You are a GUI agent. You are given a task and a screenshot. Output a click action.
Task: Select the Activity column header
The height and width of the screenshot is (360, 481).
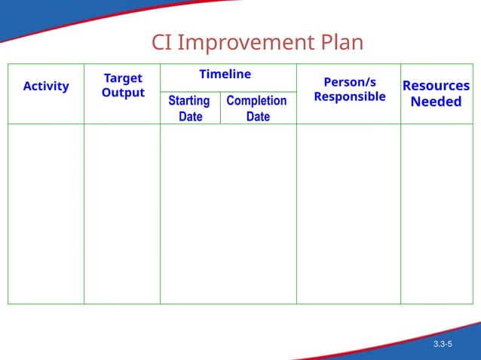pyautogui.click(x=46, y=86)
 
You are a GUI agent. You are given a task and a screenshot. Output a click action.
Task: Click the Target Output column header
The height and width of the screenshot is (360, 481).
pyautogui.click(x=123, y=86)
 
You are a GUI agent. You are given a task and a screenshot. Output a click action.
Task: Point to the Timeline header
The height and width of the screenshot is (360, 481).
pyautogui.click(x=225, y=74)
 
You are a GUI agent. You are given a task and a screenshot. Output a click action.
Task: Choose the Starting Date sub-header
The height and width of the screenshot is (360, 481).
pyautogui.click(x=189, y=108)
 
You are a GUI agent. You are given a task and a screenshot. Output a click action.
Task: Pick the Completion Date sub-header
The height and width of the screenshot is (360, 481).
pyautogui.click(x=257, y=108)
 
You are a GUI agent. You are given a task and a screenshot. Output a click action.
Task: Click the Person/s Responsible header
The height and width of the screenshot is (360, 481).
pyautogui.click(x=349, y=90)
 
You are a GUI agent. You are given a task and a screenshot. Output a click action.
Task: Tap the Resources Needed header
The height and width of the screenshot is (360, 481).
pyautogui.click(x=436, y=93)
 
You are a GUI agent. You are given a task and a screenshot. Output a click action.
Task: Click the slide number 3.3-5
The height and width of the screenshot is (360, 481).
pyautogui.click(x=443, y=344)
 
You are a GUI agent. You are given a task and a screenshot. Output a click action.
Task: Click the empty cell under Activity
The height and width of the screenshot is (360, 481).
pyautogui.click(x=46, y=214)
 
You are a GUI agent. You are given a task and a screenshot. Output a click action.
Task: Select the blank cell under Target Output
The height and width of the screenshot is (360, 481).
pyautogui.click(x=122, y=214)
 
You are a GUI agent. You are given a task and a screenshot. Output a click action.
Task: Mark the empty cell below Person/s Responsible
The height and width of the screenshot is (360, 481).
pyautogui.click(x=348, y=214)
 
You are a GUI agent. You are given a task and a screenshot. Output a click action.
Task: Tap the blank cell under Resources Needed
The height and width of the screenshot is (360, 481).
pyautogui.click(x=437, y=214)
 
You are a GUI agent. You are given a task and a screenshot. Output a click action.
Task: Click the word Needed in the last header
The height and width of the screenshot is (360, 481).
pyautogui.click(x=436, y=102)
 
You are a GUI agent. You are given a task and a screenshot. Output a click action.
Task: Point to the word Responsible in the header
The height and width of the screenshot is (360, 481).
pyautogui.click(x=349, y=96)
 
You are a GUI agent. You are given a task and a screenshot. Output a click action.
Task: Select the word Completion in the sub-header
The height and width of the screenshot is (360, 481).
pyautogui.click(x=256, y=101)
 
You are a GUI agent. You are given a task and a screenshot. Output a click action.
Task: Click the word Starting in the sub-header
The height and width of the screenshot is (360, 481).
pyautogui.click(x=189, y=101)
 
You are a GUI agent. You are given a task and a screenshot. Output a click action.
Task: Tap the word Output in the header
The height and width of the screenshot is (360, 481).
pyautogui.click(x=123, y=93)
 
